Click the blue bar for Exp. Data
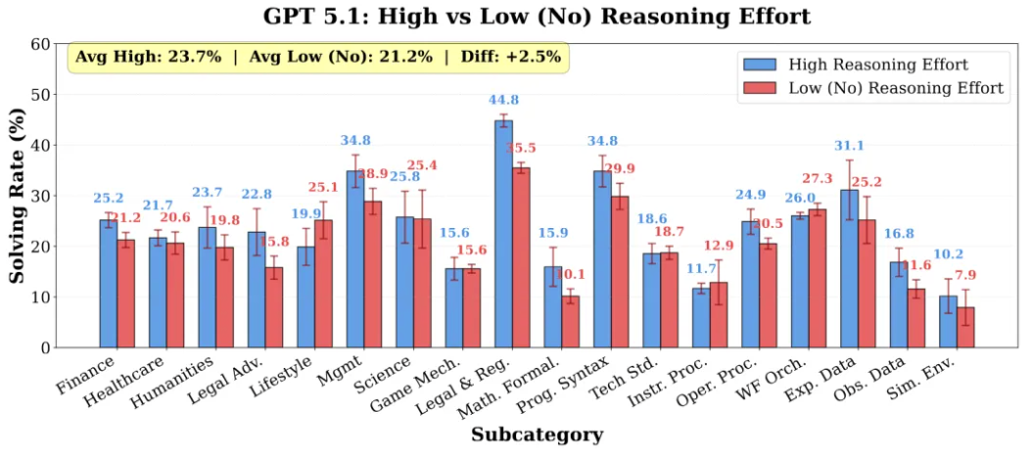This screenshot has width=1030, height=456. [x=849, y=268]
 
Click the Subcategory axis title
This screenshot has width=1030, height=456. [x=537, y=434]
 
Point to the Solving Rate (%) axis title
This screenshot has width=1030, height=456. [x=18, y=196]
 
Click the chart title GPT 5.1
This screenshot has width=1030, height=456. [x=537, y=17]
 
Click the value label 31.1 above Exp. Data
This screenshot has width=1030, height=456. [x=848, y=146]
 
